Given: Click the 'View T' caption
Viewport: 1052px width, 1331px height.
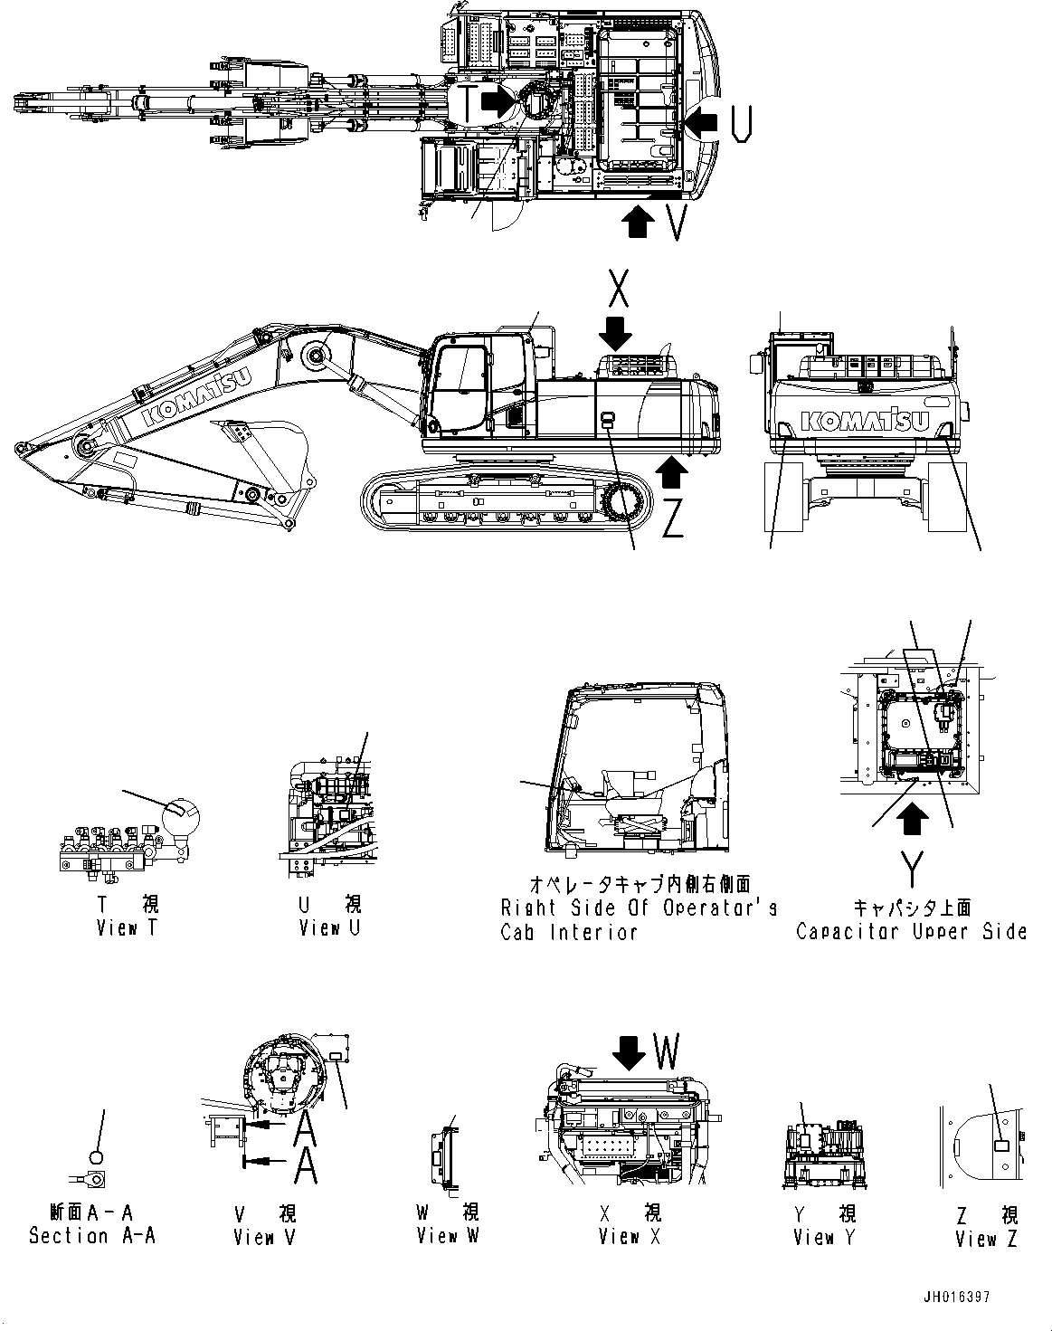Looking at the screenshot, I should point(127,928).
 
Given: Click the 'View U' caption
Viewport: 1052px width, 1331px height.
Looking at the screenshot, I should point(329,928).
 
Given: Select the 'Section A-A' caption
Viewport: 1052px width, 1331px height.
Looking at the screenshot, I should point(92,1235).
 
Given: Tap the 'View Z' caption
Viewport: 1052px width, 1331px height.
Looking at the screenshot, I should point(986,1239).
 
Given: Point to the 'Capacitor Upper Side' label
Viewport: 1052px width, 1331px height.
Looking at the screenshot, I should point(911,931).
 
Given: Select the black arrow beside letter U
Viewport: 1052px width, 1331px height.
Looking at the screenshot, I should point(702,119).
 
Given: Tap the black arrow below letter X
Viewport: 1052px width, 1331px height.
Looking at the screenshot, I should point(616,334).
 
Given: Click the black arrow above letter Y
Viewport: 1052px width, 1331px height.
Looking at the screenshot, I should point(915,820).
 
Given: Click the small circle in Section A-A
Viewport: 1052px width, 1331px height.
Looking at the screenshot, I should point(98,1155).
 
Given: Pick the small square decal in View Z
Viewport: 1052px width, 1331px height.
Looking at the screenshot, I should point(1001,1146).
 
